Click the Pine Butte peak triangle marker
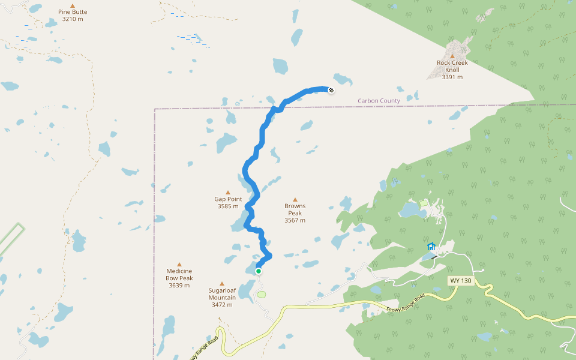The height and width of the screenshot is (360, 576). [x=73, y=5]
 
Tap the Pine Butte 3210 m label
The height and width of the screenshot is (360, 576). [x=73, y=15]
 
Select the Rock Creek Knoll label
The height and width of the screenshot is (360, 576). [x=452, y=66]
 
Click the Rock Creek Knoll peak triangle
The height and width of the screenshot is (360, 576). [x=452, y=56]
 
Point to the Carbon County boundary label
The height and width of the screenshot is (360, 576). [x=379, y=101]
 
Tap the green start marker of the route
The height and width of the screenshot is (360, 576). [x=259, y=271]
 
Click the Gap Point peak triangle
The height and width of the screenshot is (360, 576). [x=228, y=193]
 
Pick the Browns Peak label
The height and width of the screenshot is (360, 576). [x=295, y=209]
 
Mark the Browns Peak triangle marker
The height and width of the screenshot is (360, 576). [x=295, y=200]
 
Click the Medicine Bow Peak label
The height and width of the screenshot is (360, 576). [x=179, y=275]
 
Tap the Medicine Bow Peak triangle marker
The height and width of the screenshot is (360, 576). [x=179, y=265]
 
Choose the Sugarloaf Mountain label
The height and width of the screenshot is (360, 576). [x=222, y=294]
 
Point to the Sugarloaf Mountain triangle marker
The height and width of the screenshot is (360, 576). [x=222, y=284]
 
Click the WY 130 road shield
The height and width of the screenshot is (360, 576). [x=461, y=281]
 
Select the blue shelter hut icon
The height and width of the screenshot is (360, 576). [x=431, y=246]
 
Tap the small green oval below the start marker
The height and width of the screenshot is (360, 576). [x=261, y=294]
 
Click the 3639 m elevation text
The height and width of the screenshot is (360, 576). [x=179, y=286]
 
